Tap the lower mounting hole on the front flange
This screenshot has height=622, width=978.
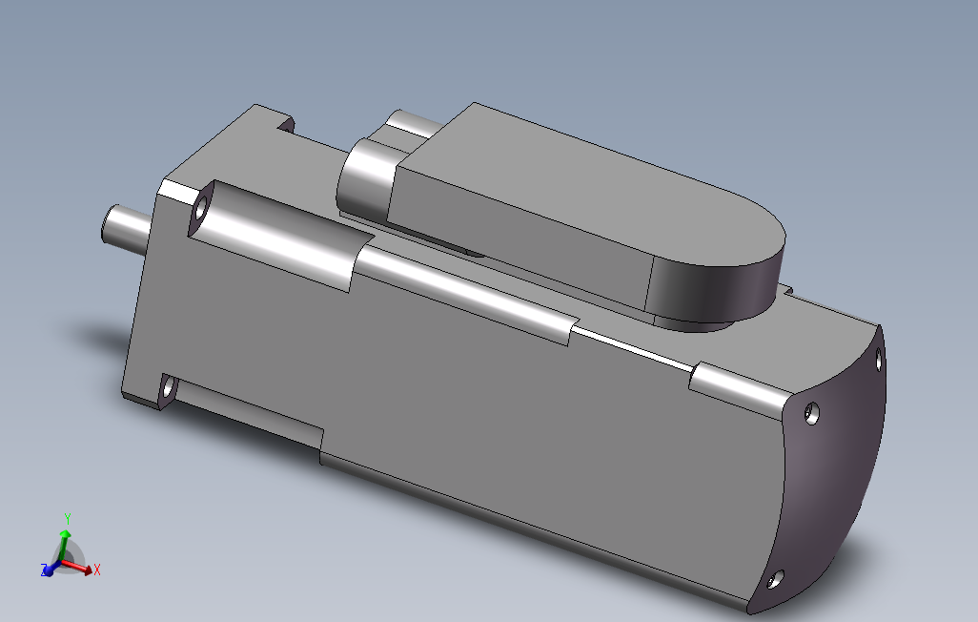167,390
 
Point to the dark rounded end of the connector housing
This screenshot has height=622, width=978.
717,287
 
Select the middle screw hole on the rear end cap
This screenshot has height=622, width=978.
811,413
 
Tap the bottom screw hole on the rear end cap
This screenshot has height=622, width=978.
775,579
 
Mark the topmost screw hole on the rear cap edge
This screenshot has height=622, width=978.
879,359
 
